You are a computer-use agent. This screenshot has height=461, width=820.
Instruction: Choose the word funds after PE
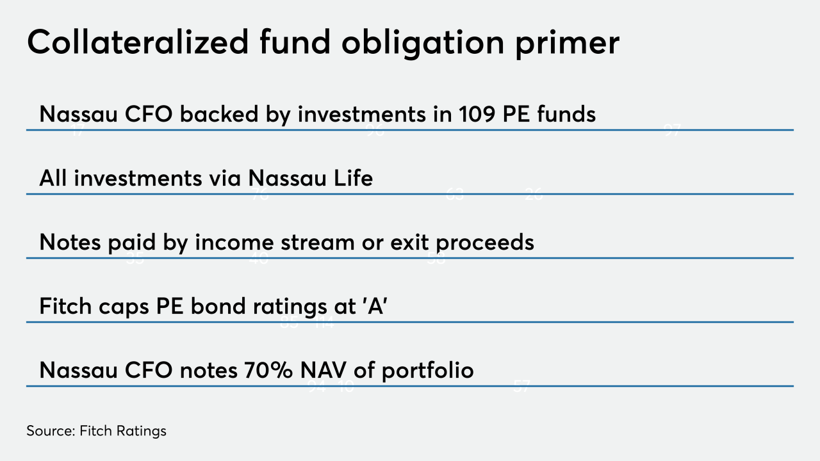[x=565, y=114]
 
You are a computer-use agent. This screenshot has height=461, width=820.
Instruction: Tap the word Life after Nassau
[x=351, y=178]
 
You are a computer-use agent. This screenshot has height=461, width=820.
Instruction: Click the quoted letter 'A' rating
[x=377, y=306]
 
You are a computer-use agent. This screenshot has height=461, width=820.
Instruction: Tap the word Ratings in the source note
[x=142, y=431]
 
